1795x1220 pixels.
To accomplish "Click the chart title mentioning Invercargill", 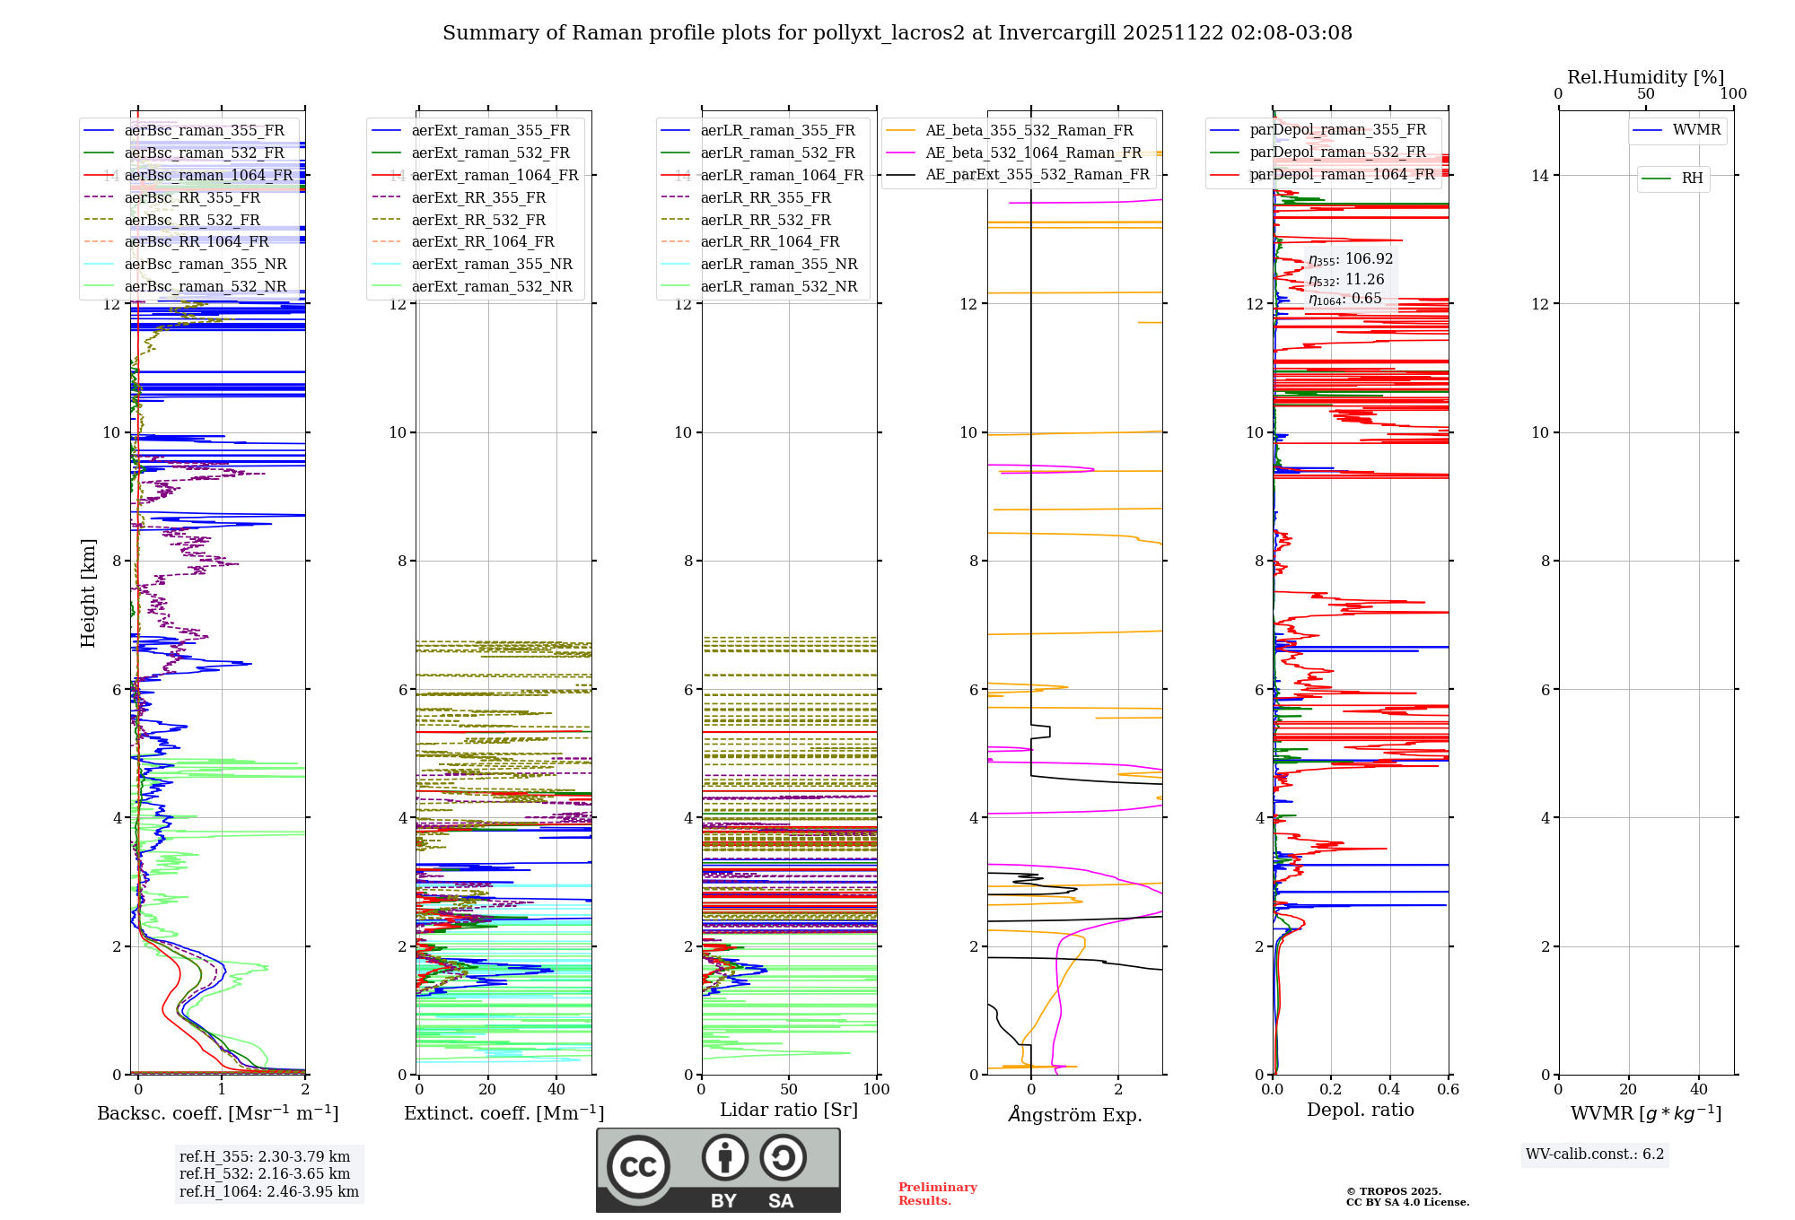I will tap(897, 33).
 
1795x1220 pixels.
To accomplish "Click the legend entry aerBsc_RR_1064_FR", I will tap(196, 242).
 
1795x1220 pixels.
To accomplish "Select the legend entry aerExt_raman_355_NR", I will tap(491, 265).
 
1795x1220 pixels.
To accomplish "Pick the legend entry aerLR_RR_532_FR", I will tap(766, 220).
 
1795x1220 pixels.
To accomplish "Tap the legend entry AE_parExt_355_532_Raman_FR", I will tap(1037, 175).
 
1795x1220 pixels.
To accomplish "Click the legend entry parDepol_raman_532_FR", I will tap(1337, 152).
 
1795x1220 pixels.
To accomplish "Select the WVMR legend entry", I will tap(1695, 130).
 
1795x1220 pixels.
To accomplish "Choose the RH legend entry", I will tap(1692, 179).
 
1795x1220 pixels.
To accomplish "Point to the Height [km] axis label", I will tap(88, 592).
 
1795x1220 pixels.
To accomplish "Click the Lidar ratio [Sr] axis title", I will tap(788, 1110).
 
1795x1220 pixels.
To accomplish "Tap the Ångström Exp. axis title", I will tap(1074, 1115).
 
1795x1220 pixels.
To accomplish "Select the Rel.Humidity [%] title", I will tap(1645, 77).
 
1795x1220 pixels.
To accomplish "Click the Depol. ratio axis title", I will tap(1360, 1110).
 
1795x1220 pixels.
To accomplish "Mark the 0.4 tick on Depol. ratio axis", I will tap(1389, 1090).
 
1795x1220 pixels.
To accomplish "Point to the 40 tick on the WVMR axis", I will tap(1698, 1090).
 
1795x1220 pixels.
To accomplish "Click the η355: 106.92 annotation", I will tap(1350, 259).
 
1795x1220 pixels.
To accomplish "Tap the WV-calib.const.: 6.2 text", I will tap(1594, 1155).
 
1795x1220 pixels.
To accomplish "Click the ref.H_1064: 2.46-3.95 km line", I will tap(268, 1192).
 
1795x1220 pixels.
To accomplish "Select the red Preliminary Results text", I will tap(937, 1194).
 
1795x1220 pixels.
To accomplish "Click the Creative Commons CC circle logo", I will tap(638, 1166).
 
